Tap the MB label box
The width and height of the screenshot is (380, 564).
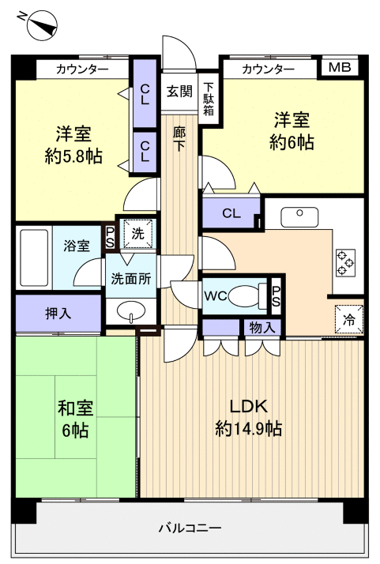click(340, 68)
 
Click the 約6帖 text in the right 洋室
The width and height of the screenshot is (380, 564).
click(292, 142)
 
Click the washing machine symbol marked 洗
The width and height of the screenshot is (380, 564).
click(137, 235)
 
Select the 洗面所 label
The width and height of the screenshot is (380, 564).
click(130, 278)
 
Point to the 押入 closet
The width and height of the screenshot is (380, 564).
click(58, 313)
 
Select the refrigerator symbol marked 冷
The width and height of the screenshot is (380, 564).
click(348, 320)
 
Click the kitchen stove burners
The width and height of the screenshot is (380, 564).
click(346, 262)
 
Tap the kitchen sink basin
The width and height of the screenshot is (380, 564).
click(301, 212)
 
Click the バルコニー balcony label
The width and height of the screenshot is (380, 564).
click(190, 528)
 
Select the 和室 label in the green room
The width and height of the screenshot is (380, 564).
click(75, 408)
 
